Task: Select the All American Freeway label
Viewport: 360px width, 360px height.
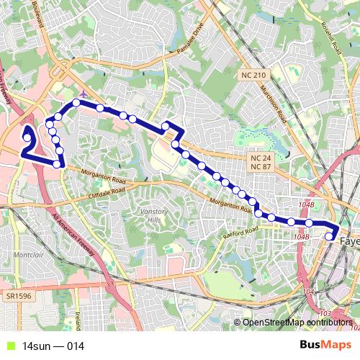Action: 72,235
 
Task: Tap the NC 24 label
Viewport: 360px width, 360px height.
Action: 259,157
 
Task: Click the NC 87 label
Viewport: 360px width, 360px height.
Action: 259,166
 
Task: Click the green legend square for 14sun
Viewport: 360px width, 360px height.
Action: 9,346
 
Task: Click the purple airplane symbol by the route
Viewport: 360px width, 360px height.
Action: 85,94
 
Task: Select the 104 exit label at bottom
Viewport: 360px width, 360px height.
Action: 308,292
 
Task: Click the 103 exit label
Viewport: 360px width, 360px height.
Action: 324,314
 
